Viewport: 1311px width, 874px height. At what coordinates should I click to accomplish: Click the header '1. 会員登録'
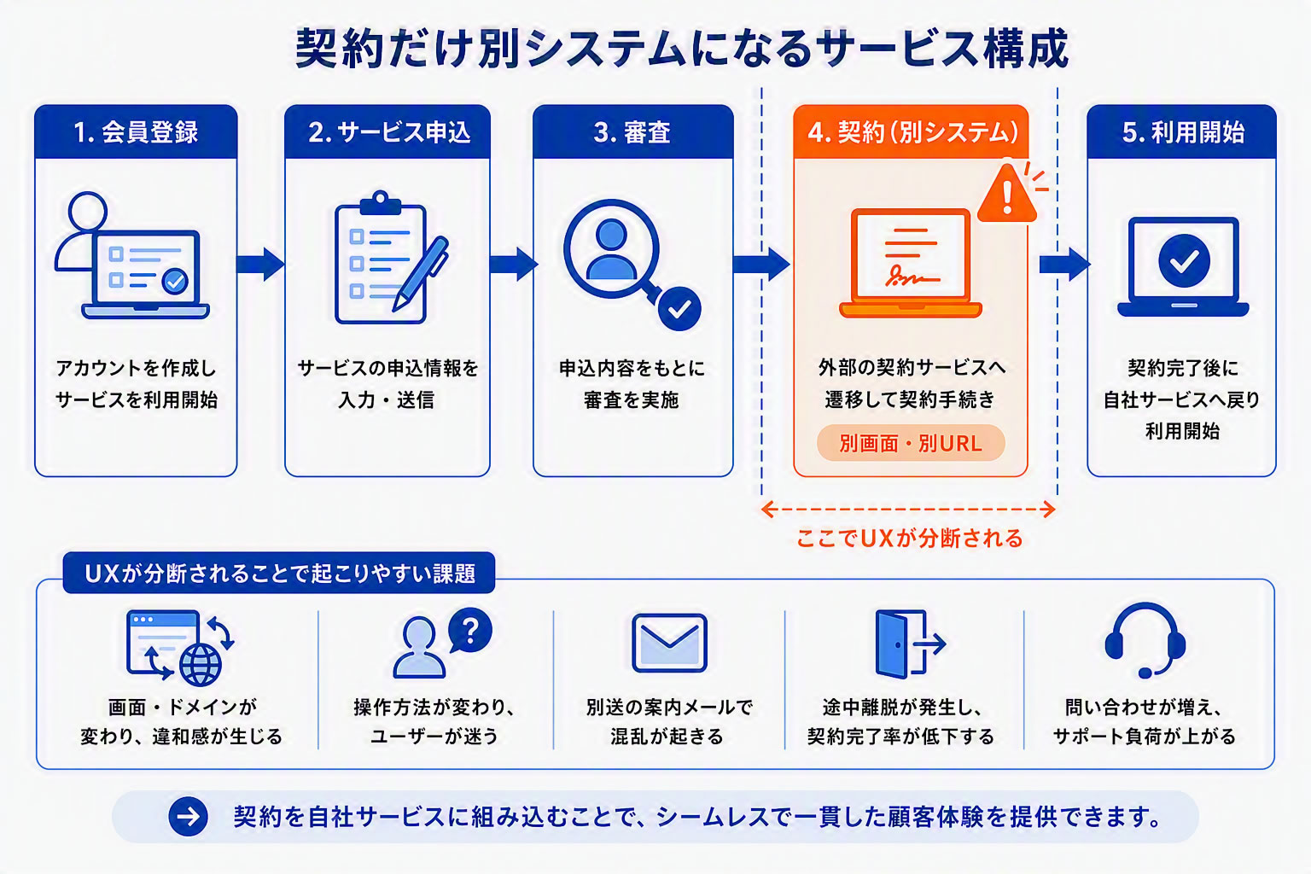(136, 131)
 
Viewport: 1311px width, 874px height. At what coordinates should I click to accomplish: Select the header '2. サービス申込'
(387, 131)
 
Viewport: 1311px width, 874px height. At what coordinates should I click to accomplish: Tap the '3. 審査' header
(632, 131)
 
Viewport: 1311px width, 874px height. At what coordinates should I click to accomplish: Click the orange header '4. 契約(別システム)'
(911, 131)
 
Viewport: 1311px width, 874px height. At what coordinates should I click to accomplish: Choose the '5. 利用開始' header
(1181, 131)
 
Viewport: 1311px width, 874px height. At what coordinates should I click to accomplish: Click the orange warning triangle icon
(1007, 194)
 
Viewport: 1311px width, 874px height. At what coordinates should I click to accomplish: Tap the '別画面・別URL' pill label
(911, 443)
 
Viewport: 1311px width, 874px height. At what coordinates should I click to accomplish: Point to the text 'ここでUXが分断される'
(910, 538)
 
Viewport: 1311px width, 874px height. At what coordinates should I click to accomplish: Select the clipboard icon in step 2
(381, 258)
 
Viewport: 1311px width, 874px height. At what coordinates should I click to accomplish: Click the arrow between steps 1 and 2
(260, 264)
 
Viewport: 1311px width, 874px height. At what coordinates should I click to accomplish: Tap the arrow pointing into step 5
(1064, 264)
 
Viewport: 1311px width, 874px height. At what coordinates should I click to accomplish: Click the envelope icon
(669, 643)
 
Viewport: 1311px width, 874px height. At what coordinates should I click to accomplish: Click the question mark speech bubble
(470, 630)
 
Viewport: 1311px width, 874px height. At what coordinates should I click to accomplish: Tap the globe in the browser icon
(201, 665)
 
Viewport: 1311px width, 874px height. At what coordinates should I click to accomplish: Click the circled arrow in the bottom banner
(188, 817)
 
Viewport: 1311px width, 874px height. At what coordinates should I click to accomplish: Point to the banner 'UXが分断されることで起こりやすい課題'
(279, 573)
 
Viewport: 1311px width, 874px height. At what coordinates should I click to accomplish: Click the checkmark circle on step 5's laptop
(1184, 260)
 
